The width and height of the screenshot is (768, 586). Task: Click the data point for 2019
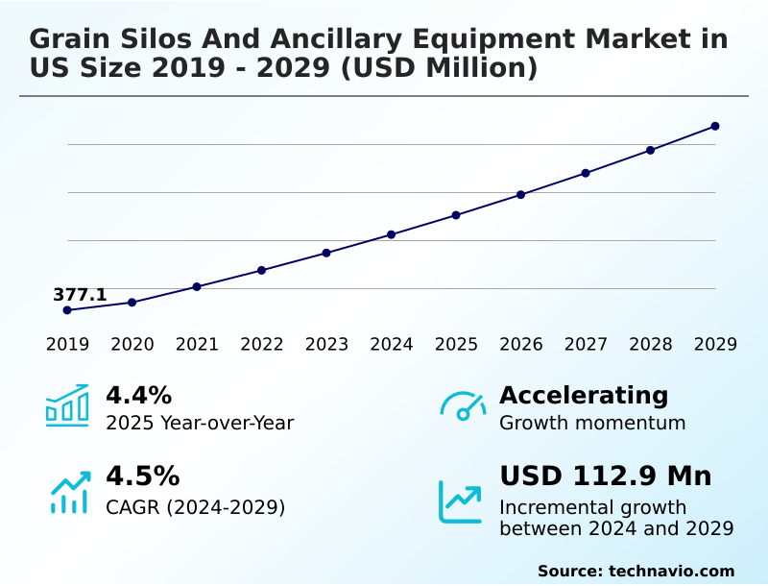click(67, 310)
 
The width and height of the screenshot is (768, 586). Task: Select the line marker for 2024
click(392, 234)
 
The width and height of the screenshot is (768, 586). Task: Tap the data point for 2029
click(715, 126)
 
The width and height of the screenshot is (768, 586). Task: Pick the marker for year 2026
click(521, 195)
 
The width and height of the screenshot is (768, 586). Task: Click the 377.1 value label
click(80, 295)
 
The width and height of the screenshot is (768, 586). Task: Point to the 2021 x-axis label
click(197, 345)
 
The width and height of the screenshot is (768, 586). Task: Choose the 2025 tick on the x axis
click(456, 345)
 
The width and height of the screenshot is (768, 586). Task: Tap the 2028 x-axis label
click(651, 345)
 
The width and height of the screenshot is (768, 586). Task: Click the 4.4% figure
click(138, 395)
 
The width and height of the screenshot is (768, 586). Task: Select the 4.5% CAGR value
click(142, 476)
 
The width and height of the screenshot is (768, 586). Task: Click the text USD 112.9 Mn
click(606, 476)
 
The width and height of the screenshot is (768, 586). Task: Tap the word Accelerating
click(584, 395)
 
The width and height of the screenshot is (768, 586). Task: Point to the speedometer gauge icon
click(462, 406)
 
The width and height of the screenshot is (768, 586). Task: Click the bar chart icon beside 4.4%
click(67, 405)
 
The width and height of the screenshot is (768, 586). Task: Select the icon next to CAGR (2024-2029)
click(69, 492)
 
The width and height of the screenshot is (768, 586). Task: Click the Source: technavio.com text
click(636, 571)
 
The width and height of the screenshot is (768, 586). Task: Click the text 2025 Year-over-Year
click(200, 423)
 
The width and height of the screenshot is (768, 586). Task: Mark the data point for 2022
click(262, 270)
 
